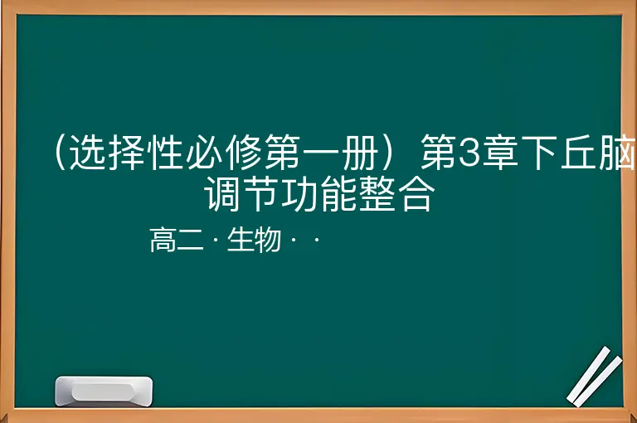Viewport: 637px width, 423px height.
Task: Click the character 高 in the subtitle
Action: [163, 240]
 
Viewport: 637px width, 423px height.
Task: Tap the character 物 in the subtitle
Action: [268, 240]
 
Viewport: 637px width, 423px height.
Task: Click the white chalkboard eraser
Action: [104, 391]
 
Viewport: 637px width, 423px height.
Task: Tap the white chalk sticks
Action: [595, 377]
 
